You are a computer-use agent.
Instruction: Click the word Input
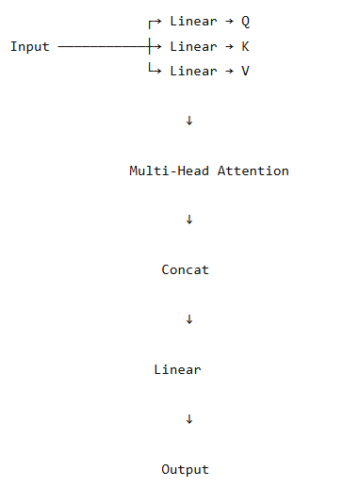pyautogui.click(x=30, y=47)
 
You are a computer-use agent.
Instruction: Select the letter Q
pyautogui.click(x=245, y=22)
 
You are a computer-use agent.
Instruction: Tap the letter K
pyautogui.click(x=245, y=46)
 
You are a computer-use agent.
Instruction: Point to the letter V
pyautogui.click(x=245, y=71)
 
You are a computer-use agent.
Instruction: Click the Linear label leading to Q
pyautogui.click(x=193, y=22)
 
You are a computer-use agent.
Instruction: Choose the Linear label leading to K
pyautogui.click(x=193, y=46)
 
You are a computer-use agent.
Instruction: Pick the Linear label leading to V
pyautogui.click(x=193, y=71)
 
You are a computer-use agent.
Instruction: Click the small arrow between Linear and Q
pyautogui.click(x=229, y=22)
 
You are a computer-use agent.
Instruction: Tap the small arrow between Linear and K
pyautogui.click(x=229, y=46)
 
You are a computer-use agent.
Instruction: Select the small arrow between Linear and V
pyautogui.click(x=229, y=71)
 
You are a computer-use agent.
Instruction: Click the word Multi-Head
pyautogui.click(x=169, y=170)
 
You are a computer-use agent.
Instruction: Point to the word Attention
pyautogui.click(x=253, y=170)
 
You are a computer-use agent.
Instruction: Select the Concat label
pyautogui.click(x=185, y=269)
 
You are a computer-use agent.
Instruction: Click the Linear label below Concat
pyautogui.click(x=177, y=369)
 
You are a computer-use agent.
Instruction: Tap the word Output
pyautogui.click(x=185, y=470)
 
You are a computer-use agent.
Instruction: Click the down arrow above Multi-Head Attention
pyautogui.click(x=189, y=121)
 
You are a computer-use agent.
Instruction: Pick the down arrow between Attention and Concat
pyautogui.click(x=189, y=219)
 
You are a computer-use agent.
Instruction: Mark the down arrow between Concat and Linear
pyautogui.click(x=189, y=319)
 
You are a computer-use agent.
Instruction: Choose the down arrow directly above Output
pyautogui.click(x=189, y=419)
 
